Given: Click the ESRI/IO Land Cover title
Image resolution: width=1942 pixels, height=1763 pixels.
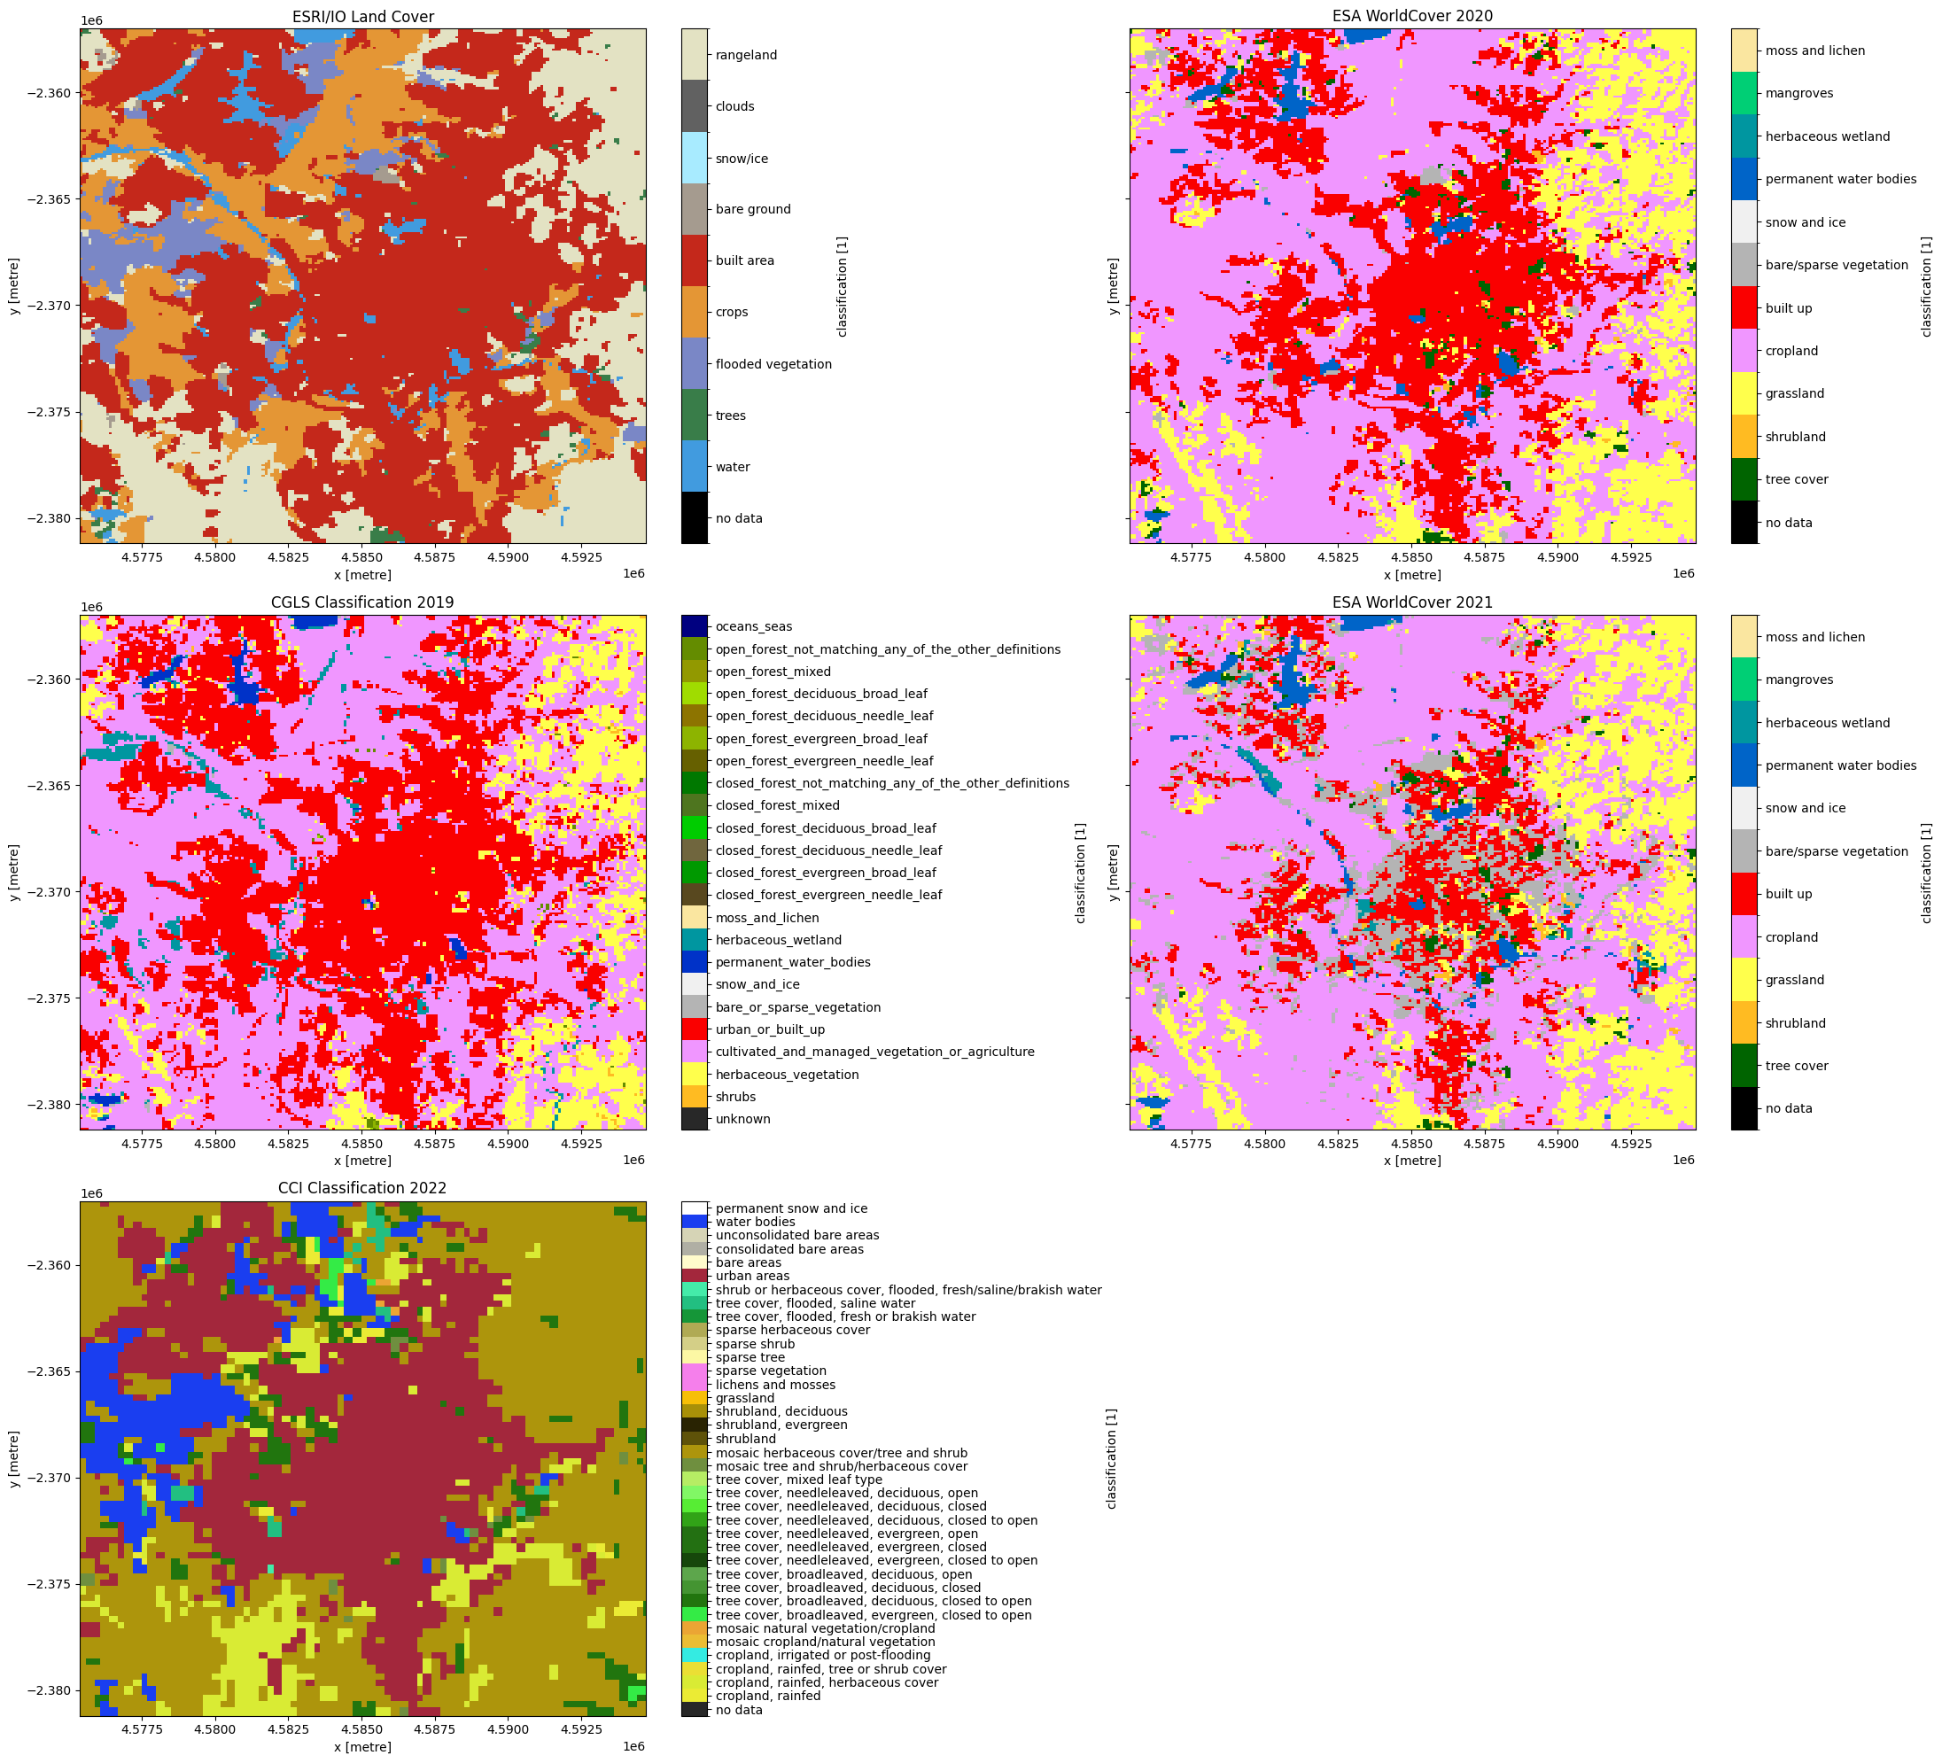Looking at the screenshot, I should (x=362, y=16).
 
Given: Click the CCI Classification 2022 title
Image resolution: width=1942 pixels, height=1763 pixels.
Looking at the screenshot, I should (x=362, y=1188).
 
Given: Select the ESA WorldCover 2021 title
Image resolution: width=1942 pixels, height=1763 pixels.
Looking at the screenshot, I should (x=1412, y=602).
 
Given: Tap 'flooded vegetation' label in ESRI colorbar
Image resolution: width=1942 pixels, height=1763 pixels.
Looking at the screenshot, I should (x=773, y=364).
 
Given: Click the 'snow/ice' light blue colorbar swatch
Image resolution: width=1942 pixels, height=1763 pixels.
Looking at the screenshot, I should (x=695, y=158).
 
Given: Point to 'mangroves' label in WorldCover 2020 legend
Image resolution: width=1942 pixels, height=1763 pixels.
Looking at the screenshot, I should (x=1798, y=93).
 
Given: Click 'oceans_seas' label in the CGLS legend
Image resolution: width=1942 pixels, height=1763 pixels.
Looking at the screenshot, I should (x=747, y=626).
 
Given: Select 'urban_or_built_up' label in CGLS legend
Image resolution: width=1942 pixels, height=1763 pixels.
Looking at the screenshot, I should (x=770, y=1029).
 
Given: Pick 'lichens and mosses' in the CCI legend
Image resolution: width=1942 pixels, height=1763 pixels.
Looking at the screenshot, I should (x=774, y=1385).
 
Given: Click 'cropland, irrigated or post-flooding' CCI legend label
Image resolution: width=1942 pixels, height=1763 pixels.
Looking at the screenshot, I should (x=823, y=1655).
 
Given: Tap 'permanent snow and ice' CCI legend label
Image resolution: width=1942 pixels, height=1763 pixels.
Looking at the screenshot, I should (x=791, y=1208).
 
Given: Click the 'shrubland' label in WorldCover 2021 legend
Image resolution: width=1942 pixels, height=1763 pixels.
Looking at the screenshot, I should (x=1795, y=1023).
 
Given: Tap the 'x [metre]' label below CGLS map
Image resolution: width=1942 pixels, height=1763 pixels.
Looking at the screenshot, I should (x=362, y=1161).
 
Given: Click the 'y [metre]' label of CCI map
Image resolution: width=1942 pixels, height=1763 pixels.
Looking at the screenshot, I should (x=13, y=1458).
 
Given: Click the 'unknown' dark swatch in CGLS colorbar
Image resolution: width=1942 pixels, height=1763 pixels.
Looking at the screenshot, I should (x=695, y=1119).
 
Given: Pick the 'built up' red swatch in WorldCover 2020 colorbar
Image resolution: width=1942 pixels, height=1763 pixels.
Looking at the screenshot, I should (x=1744, y=308).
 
